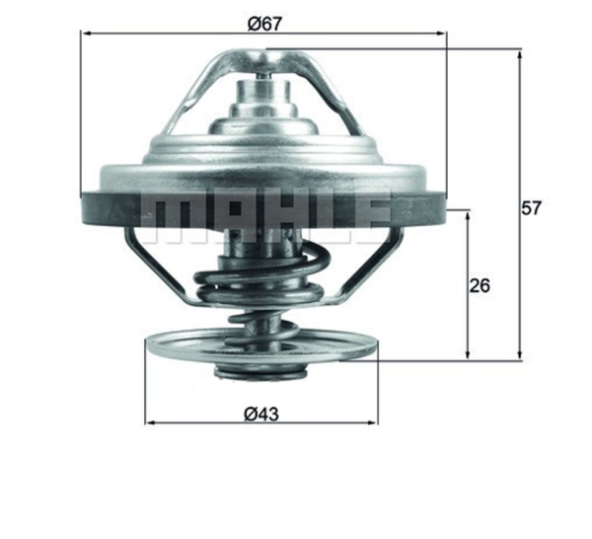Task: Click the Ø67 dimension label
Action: [264, 24]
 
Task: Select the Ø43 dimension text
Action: [261, 414]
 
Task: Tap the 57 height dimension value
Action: [531, 207]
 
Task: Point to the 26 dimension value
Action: [480, 285]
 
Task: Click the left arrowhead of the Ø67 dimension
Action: [87, 34]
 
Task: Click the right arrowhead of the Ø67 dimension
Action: [441, 34]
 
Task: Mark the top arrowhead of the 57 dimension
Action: [520, 56]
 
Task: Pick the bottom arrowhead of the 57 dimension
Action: [520, 353]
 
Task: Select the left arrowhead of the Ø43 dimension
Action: [151, 423]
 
